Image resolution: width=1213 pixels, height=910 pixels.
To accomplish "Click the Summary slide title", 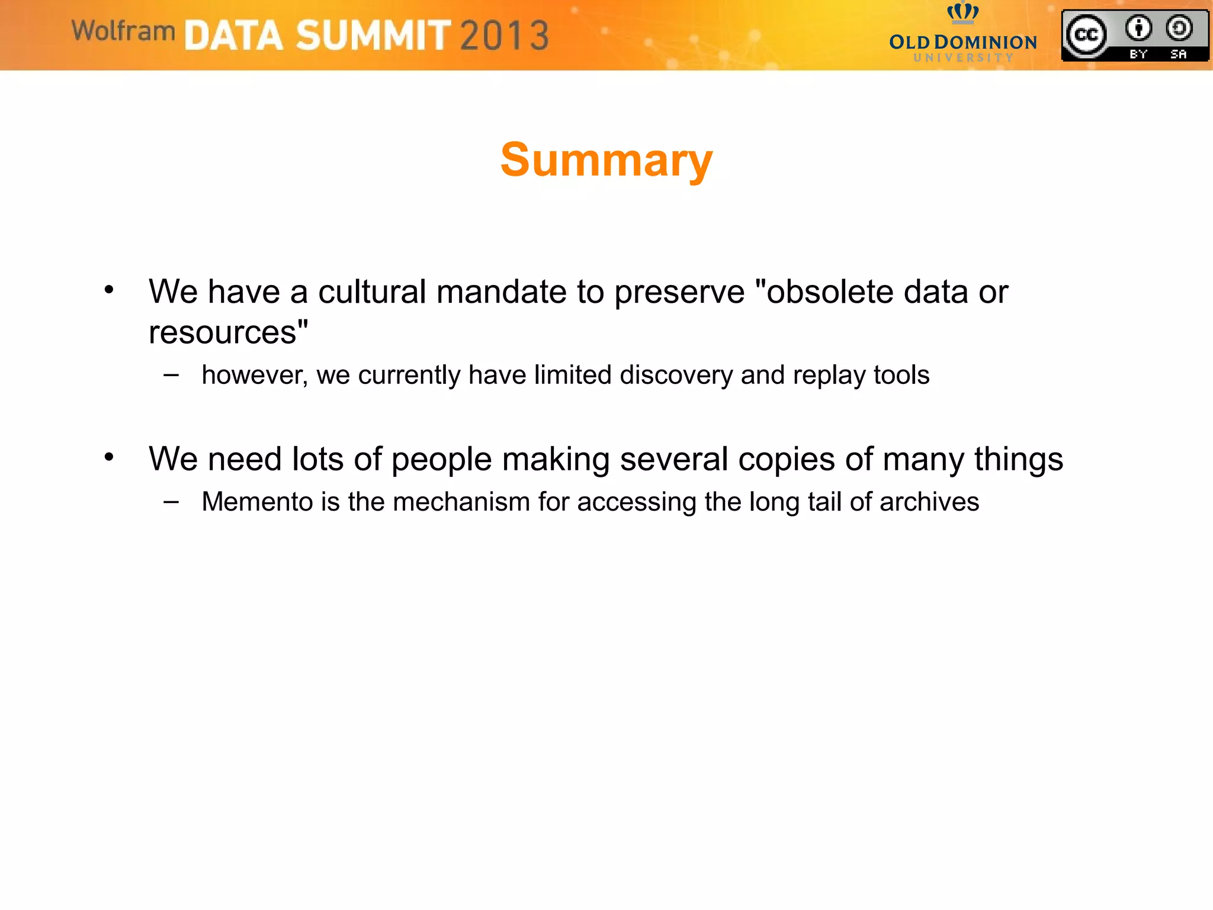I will [606, 160].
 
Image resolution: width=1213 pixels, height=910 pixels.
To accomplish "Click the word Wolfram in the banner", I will [123, 31].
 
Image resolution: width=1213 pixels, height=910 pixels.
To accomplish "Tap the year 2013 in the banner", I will [504, 36].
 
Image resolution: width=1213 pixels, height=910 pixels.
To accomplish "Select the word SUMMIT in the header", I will [373, 36].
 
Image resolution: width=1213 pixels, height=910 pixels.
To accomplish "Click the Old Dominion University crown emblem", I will [962, 12].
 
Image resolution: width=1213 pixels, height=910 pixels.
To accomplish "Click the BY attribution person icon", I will [1138, 28].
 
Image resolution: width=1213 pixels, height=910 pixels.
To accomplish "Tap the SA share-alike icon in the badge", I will [1179, 28].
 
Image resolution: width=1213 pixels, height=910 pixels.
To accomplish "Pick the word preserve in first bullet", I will [679, 293].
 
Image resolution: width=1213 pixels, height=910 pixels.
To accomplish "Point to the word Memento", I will [257, 502].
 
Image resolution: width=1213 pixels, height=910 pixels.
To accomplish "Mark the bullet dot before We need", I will [109, 457].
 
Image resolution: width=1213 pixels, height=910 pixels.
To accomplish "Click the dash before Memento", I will [171, 501].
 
